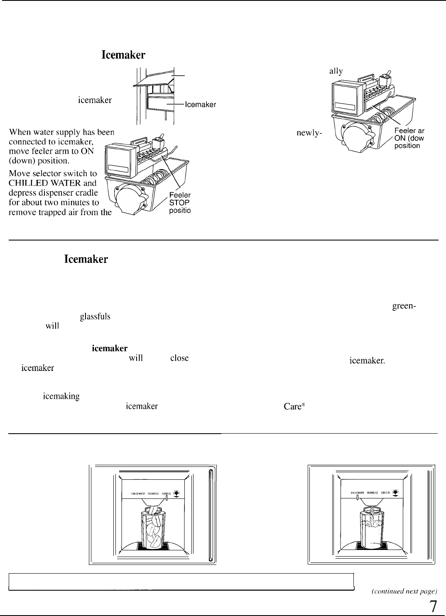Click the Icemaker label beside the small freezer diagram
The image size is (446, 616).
pyautogui.click(x=200, y=105)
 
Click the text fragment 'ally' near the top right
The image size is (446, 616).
pyautogui.click(x=336, y=71)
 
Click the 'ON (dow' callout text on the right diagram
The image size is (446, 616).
pyautogui.click(x=409, y=139)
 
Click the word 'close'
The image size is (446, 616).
pyautogui.click(x=179, y=358)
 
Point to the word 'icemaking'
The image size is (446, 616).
pyautogui.click(x=61, y=397)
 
